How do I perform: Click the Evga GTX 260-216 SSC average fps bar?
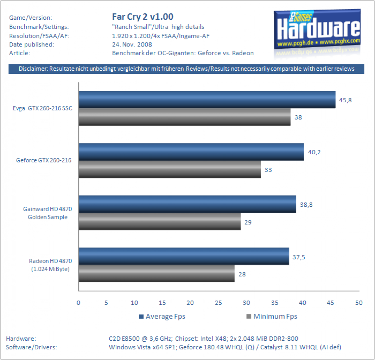207,100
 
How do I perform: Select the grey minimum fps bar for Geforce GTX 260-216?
170,169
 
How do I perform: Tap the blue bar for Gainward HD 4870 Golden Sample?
187,204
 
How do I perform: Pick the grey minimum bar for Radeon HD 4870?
157,274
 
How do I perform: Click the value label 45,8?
345,100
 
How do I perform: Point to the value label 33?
268,170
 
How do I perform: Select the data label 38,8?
306,205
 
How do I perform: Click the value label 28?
242,274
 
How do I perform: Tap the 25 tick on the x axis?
218,303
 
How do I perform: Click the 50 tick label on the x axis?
359,303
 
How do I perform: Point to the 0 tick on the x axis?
78,303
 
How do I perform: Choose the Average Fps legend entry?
163,316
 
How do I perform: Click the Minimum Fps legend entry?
272,316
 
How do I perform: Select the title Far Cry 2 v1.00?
143,17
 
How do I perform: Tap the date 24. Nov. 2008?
132,44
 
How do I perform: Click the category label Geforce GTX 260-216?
44,160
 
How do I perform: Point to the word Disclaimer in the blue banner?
33,69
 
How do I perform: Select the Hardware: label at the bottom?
21,339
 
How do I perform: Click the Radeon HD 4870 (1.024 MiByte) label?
50,265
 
